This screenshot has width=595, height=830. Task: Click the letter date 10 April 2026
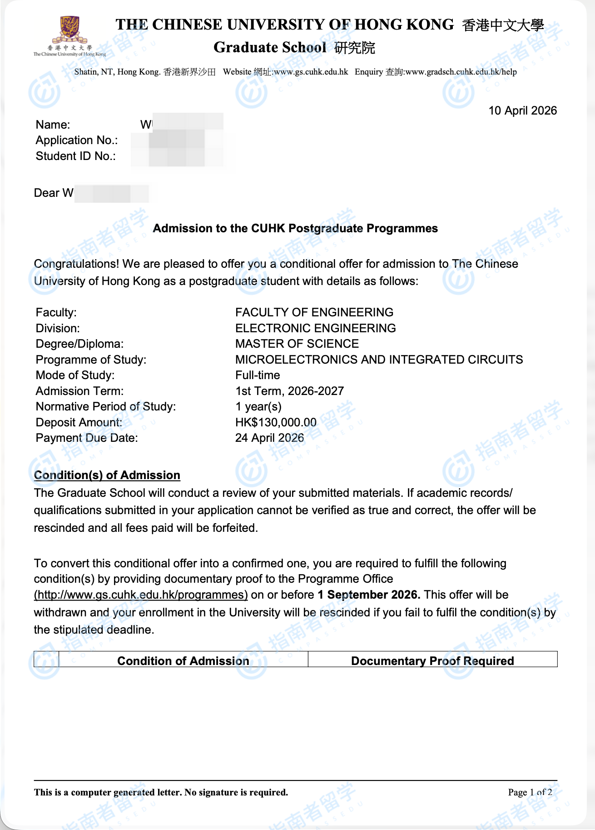pos(522,111)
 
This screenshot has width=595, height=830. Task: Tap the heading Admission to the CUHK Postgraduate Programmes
pos(295,228)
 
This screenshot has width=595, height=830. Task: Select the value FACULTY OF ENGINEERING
pos(314,312)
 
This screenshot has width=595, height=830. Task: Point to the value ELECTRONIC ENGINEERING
pos(315,328)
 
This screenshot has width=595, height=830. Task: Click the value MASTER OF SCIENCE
pos(297,344)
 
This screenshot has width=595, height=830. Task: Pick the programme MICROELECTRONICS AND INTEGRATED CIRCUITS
pos(379,360)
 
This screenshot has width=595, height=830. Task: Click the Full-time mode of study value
pos(258,375)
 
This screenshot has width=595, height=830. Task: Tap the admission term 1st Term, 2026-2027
pos(289,391)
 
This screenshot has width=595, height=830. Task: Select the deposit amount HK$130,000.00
pos(276,422)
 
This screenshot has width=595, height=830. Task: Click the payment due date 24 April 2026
pos(269,438)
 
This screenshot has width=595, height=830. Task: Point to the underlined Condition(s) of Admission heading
pos(107,475)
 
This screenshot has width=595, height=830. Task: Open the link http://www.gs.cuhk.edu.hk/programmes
pos(141,595)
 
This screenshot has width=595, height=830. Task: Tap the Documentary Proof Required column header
pos(432,661)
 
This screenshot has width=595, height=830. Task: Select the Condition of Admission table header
pos(183,661)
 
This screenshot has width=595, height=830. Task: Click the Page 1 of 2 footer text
pos(530,792)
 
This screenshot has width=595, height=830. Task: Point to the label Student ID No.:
pos(76,156)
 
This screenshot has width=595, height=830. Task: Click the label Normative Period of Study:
pos(106,406)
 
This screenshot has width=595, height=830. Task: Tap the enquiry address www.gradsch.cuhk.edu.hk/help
pos(461,72)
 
